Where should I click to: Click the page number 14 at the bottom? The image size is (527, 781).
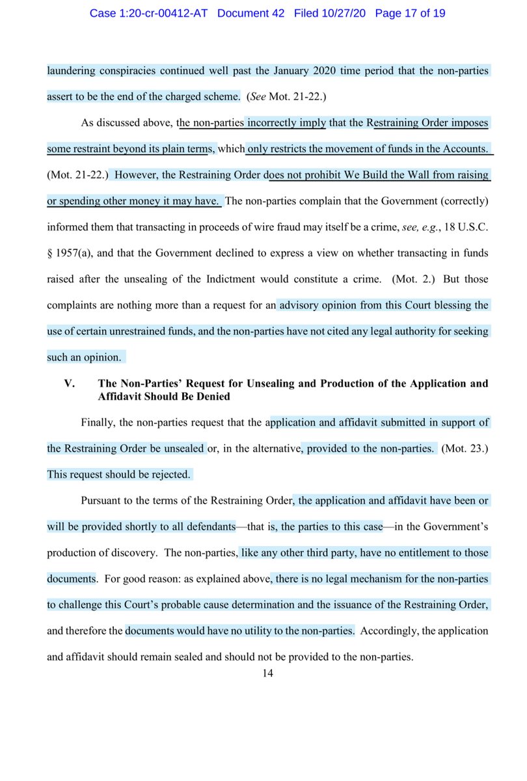(x=267, y=674)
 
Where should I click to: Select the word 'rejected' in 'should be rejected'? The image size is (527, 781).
(x=169, y=474)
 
